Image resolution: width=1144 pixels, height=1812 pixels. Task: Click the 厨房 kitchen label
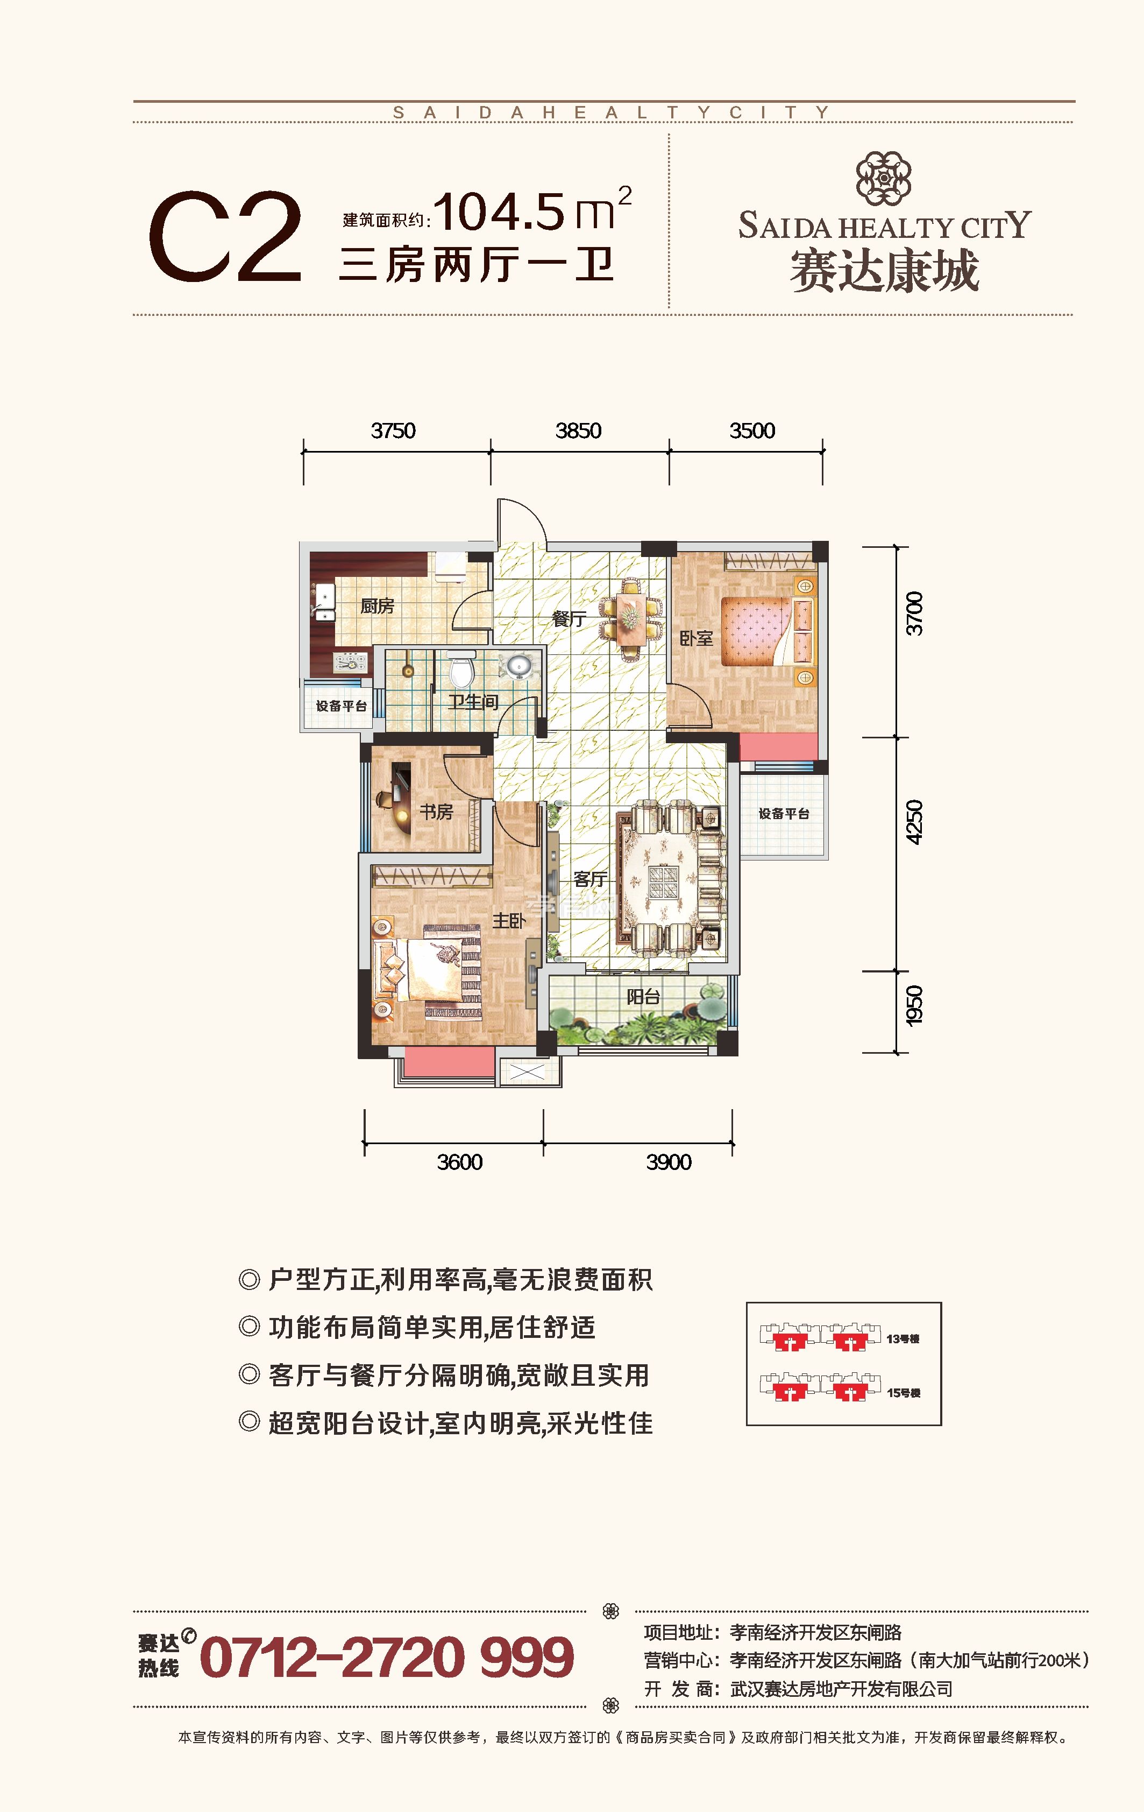(377, 606)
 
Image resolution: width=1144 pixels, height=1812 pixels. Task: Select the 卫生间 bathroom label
(473, 702)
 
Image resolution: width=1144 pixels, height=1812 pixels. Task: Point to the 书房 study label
(436, 812)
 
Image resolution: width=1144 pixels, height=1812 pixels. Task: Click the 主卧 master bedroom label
(509, 920)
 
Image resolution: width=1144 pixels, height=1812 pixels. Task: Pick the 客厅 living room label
(591, 878)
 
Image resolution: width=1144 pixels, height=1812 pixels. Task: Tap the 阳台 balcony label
(643, 997)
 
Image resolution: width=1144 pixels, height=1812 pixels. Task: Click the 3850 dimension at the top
(578, 431)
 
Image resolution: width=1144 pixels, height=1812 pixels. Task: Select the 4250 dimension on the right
(913, 822)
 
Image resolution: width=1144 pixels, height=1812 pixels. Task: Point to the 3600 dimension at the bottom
(459, 1162)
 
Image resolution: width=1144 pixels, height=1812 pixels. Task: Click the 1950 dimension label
(913, 1005)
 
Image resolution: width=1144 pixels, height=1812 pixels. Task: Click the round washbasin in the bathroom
(518, 666)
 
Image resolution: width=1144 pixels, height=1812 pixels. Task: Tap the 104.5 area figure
(498, 211)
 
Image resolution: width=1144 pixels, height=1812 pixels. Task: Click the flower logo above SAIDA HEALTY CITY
(884, 178)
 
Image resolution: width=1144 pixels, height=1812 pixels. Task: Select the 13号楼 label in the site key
(903, 1338)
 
